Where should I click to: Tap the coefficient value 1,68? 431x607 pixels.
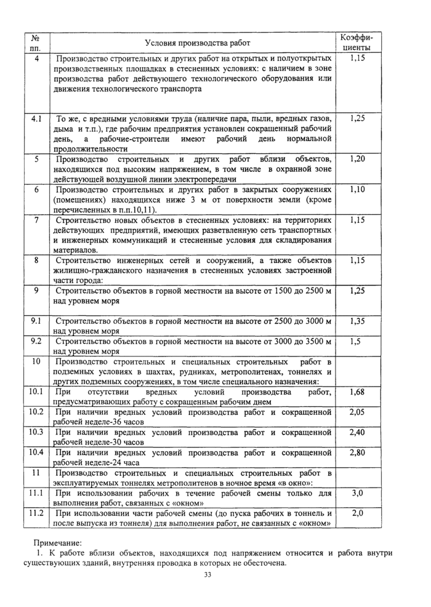(357, 392)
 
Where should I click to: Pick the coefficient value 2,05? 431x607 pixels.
(357, 411)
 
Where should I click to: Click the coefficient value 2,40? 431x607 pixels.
(357, 432)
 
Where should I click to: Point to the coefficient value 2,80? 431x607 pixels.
(357, 452)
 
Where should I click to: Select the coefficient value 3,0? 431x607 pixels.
(357, 493)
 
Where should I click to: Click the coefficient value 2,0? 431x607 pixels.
(357, 513)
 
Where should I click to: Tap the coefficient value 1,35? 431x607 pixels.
(357, 321)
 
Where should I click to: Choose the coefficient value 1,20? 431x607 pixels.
(357, 159)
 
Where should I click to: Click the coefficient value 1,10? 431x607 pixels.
(357, 190)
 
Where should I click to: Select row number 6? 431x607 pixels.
(36, 190)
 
